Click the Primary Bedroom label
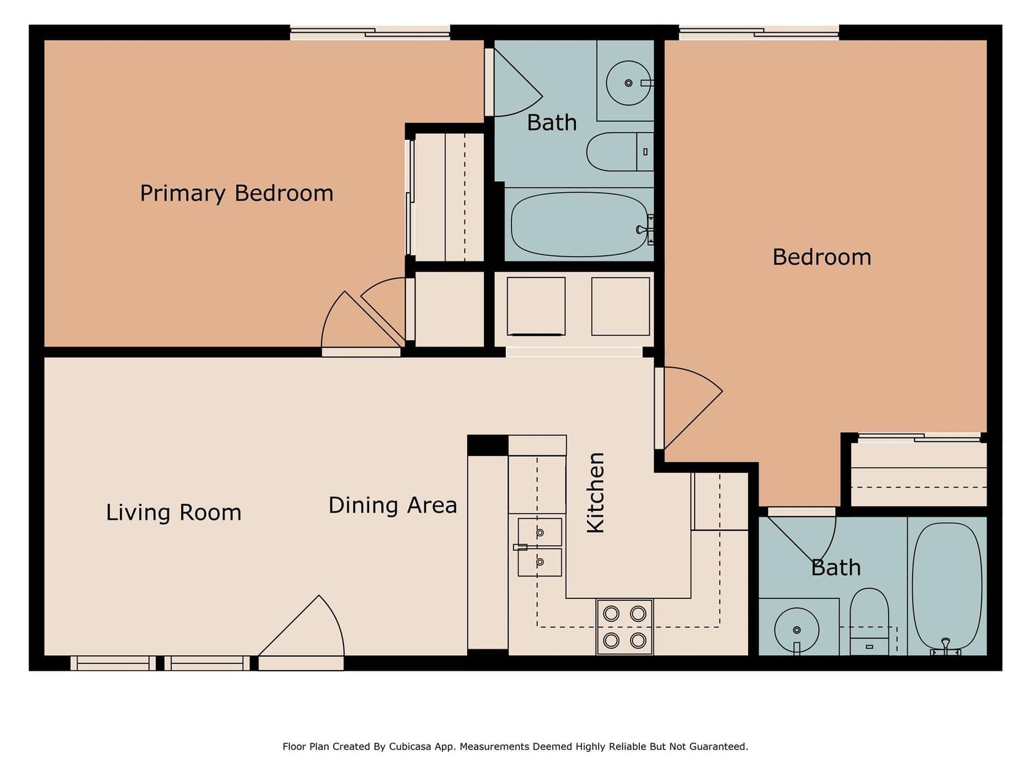tap(236, 193)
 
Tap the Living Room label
tap(173, 513)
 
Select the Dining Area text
tap(392, 506)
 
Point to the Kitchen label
tap(595, 493)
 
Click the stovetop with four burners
tap(624, 627)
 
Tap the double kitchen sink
tap(539, 548)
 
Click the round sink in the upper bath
tap(628, 83)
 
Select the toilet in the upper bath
tap(619, 151)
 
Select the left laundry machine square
tap(536, 307)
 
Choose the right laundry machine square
tap(621, 307)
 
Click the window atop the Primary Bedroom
tap(370, 33)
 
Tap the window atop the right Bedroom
tap(758, 33)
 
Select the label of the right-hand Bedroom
tap(822, 257)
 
